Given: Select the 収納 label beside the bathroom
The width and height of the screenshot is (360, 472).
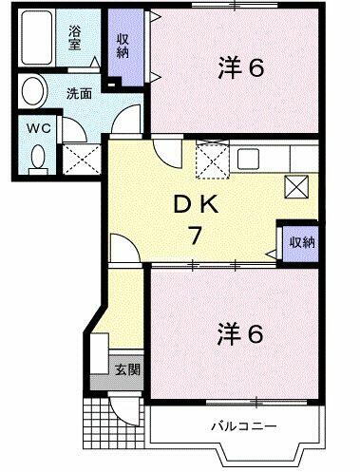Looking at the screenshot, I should pyautogui.click(x=124, y=46).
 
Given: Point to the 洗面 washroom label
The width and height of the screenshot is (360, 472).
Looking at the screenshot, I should pyautogui.click(x=78, y=94).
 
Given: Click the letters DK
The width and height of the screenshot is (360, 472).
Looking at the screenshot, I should pyautogui.click(x=195, y=203).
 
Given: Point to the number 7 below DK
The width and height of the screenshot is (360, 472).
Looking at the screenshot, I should pyautogui.click(x=194, y=236).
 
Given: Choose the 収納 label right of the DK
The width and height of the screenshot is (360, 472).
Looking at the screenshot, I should pyautogui.click(x=303, y=241).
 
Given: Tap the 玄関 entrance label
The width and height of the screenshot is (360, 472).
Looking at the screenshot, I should pyautogui.click(x=126, y=368).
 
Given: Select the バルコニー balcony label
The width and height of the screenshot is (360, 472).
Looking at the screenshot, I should pyautogui.click(x=237, y=426).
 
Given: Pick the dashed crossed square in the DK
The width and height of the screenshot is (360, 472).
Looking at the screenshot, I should pyautogui.click(x=210, y=159).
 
